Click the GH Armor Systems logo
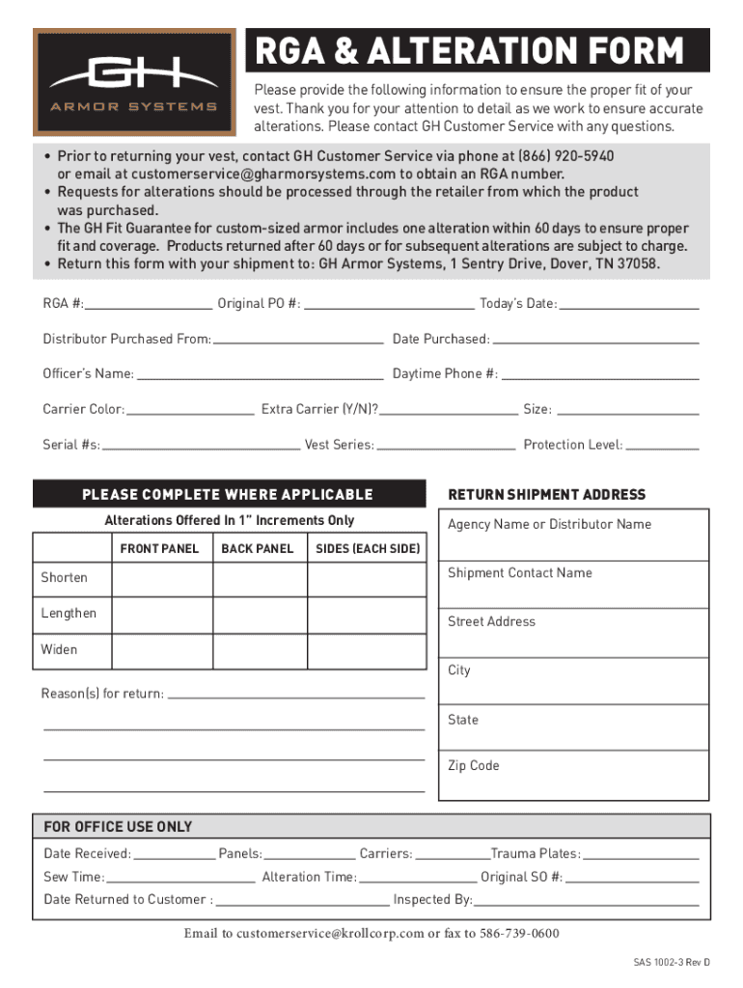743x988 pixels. pos(134,82)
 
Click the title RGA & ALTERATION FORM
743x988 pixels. pos(469,50)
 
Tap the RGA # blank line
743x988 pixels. pos(149,307)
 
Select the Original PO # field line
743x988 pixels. pos(389,307)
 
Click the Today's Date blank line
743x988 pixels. pos(629,307)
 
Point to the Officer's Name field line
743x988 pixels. pos(260,377)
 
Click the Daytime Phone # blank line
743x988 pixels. pos(600,377)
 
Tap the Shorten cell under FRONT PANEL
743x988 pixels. pos(162,579)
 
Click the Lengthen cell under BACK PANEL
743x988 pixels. pos(258,615)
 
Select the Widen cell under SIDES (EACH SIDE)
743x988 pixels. pos(367,650)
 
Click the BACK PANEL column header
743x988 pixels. pos(258,549)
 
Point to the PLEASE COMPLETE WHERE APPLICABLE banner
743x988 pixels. pos(228,495)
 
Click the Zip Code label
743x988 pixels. pos(474,766)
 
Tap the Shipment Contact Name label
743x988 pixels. pos(520,573)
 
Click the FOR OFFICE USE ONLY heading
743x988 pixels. pos(118,827)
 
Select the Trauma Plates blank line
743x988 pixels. pos(641,857)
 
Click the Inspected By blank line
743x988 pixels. pos(586,903)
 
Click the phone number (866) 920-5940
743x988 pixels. pos(566,156)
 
